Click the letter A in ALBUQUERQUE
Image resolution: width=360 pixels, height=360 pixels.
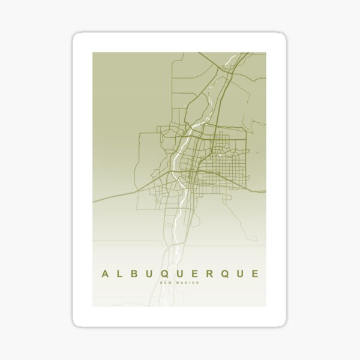tap(105, 274)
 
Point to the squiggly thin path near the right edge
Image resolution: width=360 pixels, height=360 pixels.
tap(259, 123)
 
